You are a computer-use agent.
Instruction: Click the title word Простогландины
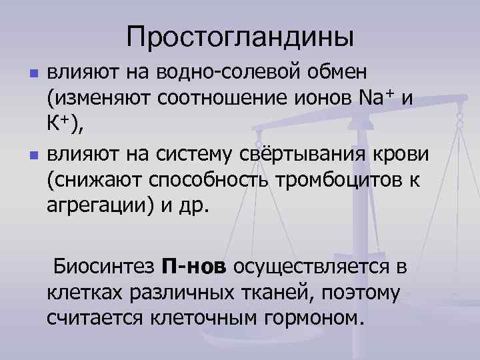tap(240, 36)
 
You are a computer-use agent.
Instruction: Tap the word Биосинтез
tap(105, 267)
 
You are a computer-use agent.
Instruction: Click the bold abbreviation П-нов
tap(194, 267)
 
